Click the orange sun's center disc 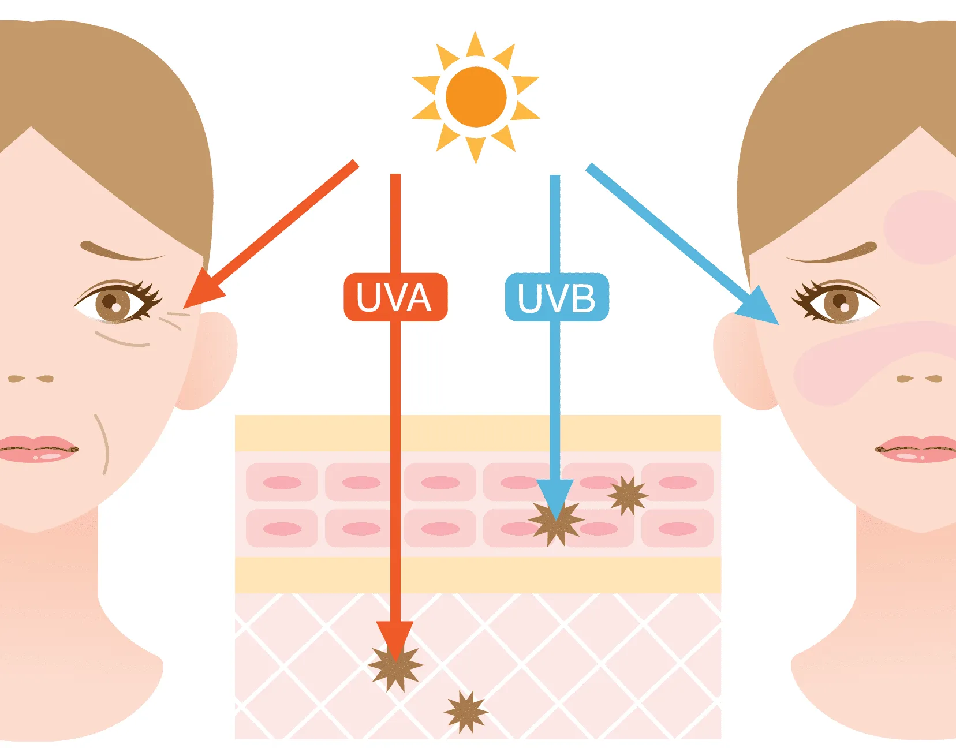pyautogui.click(x=476, y=97)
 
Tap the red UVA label pyautogui.click(x=395, y=297)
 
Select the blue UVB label pyautogui.click(x=557, y=297)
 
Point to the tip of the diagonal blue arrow pyautogui.click(x=779, y=325)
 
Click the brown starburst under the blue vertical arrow pyautogui.click(x=556, y=523)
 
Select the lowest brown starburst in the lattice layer pyautogui.click(x=466, y=712)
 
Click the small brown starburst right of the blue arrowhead pyautogui.click(x=628, y=496)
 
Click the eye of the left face pyautogui.click(x=117, y=302)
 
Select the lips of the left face pyautogui.click(x=38, y=449)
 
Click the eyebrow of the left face pyautogui.click(x=122, y=251)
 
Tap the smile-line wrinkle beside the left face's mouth pyautogui.click(x=102, y=444)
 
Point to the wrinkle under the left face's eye pyautogui.click(x=122, y=339)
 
